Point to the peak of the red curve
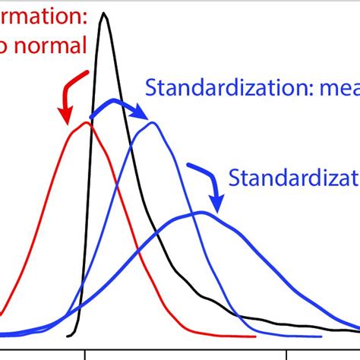point(84,123)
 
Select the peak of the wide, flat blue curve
point(199,213)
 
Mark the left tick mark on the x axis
point(84,355)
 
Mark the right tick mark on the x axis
point(286,355)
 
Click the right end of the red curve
point(255,336)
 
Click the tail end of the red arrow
point(90,73)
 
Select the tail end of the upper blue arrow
point(91,116)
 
